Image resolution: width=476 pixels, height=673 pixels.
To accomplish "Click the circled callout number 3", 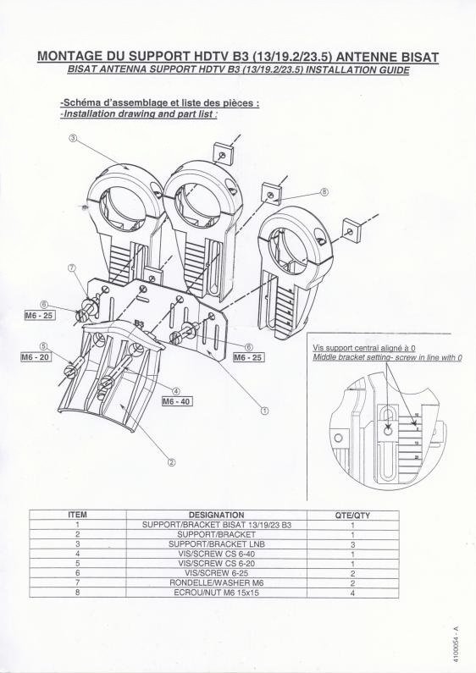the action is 73,138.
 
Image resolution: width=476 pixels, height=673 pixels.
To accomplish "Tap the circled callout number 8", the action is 324,192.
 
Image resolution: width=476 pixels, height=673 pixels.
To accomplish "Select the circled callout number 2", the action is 171,462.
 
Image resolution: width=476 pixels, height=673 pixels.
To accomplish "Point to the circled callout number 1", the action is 264,411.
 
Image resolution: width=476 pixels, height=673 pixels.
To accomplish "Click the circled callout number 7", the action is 72,268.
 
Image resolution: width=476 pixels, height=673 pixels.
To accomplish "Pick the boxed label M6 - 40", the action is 177,401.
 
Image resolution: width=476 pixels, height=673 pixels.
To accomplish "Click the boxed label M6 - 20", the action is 36,356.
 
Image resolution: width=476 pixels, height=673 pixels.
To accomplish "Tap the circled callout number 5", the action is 43,346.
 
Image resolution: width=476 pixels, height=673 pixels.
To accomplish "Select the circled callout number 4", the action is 175,390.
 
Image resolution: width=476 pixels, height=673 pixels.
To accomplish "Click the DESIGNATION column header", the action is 217,515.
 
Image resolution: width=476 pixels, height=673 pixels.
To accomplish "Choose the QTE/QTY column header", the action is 352,515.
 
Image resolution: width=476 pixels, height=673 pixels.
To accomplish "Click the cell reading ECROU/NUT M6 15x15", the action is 217,593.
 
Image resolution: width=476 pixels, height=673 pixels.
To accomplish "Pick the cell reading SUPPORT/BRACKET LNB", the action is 217,543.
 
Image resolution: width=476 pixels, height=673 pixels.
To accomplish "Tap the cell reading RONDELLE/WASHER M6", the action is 217,583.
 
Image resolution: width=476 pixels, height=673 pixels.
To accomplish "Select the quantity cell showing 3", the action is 352,544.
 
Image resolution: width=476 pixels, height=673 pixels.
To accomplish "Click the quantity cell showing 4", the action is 352,593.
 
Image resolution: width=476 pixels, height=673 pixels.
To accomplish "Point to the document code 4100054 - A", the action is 457,637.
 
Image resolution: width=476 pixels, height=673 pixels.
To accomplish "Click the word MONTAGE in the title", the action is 70,57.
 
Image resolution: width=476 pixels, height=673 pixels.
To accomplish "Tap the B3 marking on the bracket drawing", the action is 139,323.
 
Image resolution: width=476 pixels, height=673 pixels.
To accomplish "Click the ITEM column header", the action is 77,514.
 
